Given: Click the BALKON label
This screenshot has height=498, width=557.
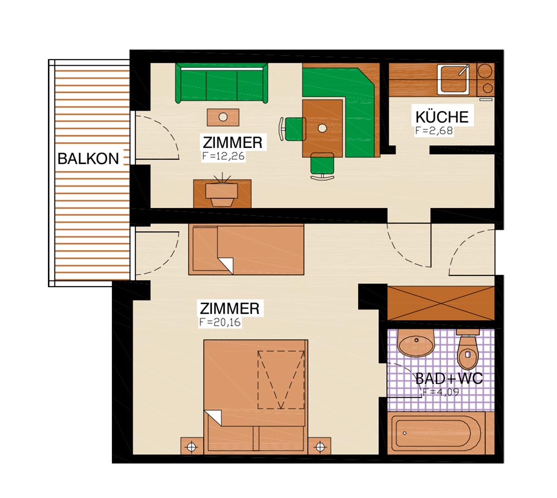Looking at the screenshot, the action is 88,159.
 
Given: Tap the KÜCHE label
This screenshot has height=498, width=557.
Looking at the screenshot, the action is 442,117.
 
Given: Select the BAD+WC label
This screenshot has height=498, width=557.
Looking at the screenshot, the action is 449,379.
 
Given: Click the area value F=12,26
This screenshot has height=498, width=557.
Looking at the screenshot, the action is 223,156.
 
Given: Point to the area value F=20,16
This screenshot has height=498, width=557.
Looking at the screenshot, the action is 220,322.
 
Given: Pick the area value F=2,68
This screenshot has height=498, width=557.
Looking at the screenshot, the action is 434,131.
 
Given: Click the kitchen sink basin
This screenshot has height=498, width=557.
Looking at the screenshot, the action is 453,79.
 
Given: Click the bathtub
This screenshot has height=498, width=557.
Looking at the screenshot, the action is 436,433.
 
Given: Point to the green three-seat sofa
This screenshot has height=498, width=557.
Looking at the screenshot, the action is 222,83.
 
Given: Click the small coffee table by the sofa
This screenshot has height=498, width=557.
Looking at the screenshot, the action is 223,117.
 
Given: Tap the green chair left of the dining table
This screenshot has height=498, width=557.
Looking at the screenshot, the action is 294,129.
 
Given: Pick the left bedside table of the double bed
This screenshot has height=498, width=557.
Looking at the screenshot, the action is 192,446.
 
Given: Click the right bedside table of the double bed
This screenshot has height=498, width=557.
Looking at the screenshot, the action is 320,446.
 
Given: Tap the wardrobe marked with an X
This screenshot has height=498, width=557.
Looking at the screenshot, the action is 441,303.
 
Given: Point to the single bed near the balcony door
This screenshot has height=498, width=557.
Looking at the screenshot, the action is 246,249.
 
